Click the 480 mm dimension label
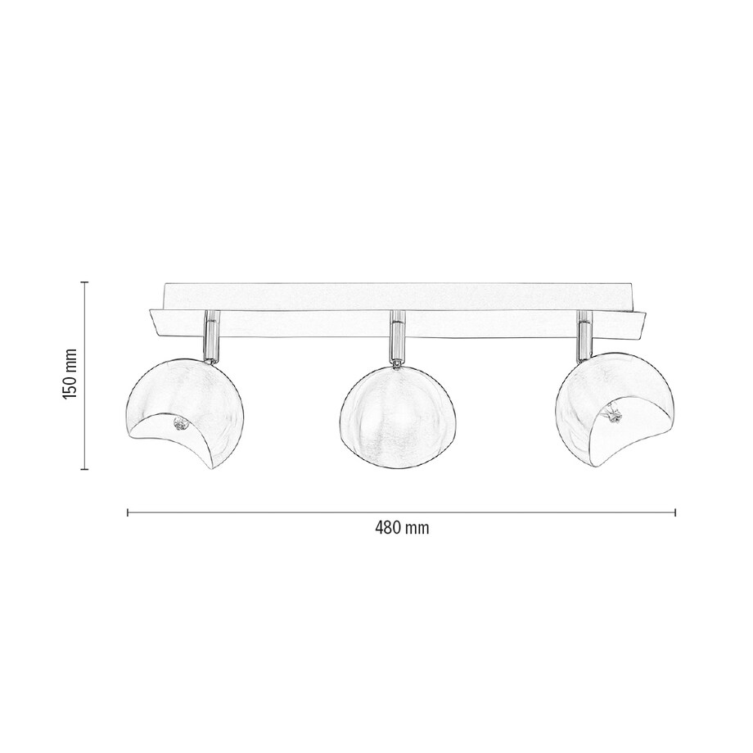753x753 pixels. coord(401,528)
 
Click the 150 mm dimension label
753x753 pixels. coord(70,375)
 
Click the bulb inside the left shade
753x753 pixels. coord(180,424)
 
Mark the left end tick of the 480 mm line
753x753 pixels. coord(128,513)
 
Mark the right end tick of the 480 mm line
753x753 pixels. coord(675,513)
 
